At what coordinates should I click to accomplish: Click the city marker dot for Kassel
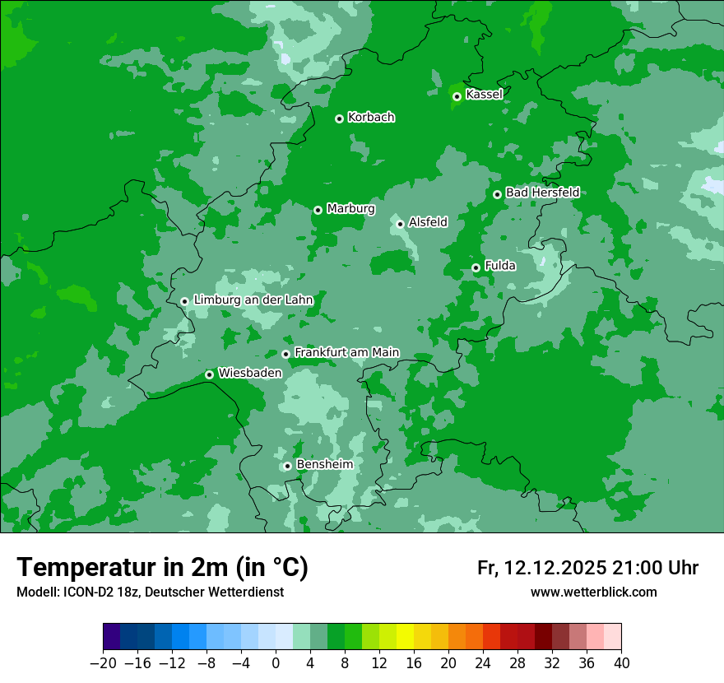457,96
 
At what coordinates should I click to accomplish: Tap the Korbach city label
371,117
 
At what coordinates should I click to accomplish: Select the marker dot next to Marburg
318,210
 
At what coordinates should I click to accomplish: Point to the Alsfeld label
428,221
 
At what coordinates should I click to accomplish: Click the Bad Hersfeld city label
542,193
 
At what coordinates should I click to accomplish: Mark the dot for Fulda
476,267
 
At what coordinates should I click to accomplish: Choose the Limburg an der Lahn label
253,300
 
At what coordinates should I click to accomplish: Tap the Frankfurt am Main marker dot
286,354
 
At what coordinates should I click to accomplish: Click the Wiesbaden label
249,373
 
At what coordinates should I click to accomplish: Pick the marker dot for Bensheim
287,466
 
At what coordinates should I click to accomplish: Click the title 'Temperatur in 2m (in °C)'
163,567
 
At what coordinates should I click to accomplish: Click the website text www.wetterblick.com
593,592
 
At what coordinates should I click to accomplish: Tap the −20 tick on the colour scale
104,663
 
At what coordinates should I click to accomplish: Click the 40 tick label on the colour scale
621,663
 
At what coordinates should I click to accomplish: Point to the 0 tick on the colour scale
276,663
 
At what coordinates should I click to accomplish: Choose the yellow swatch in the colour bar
405,637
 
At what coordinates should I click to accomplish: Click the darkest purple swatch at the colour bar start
112,637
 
